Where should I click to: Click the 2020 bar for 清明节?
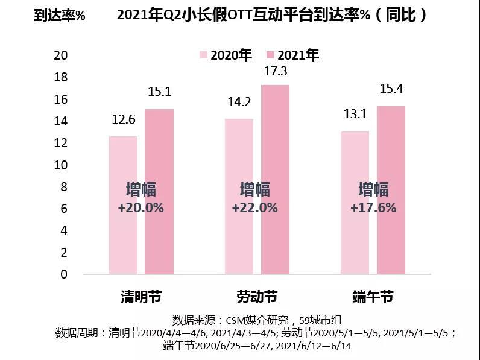[123, 241]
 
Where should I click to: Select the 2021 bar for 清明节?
[159, 241]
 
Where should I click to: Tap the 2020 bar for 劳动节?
[239, 241]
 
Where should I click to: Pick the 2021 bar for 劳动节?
[274, 241]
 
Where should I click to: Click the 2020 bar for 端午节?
[354, 241]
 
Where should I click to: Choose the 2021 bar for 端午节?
[390, 241]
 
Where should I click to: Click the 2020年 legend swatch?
[203, 55]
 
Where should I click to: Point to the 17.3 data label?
[275, 72]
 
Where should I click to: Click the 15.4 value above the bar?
[391, 89]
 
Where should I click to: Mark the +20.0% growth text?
[141, 207]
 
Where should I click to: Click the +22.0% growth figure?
[254, 207]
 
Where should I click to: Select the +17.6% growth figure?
[373, 207]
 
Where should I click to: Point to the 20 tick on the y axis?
[61, 55]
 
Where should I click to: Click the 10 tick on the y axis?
[61, 165]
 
